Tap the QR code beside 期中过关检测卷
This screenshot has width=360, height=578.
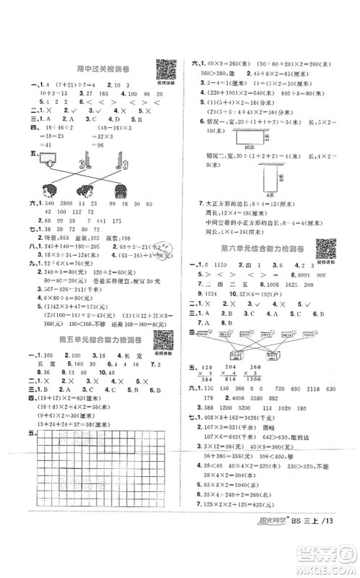[x=167, y=69]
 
